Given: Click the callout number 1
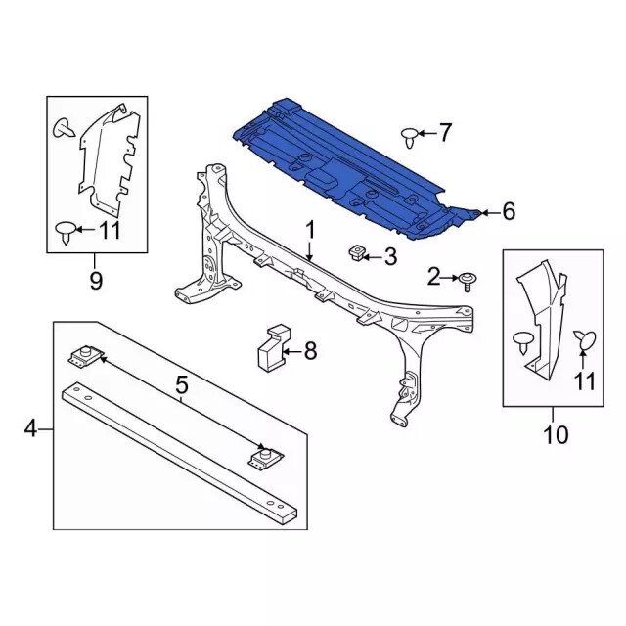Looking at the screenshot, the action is (x=311, y=231).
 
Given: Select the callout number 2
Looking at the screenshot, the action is (x=433, y=276).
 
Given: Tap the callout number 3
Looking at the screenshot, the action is (x=390, y=256).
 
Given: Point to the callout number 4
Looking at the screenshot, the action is (x=30, y=429).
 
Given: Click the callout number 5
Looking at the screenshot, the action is (x=181, y=384).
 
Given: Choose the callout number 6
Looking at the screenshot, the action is (x=509, y=211).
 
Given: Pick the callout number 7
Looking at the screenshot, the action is (x=445, y=132).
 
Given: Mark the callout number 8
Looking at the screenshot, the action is (x=310, y=351).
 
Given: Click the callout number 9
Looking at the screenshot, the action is (x=96, y=281).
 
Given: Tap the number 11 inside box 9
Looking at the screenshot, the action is (x=109, y=230).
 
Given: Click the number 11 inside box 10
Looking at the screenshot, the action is (x=584, y=380).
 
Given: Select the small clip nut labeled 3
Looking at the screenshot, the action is (x=356, y=253).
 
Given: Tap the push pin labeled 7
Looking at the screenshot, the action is (x=410, y=137).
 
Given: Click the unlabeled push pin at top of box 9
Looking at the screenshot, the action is (x=63, y=128).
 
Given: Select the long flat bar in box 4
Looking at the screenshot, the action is (x=180, y=453).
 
